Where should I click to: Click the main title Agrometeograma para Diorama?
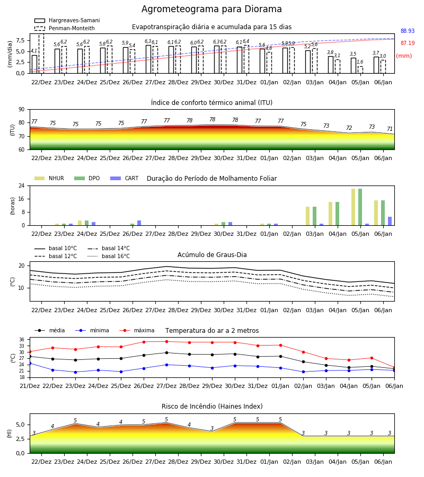pyautogui.click(x=211, y=9)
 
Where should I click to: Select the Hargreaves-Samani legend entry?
pyautogui.click(x=67, y=20)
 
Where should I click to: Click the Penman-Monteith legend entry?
pyautogui.click(x=65, y=28)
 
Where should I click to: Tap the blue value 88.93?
pyautogui.click(x=408, y=31)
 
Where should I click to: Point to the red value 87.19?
pyautogui.click(x=408, y=43)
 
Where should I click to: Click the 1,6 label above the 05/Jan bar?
pyautogui.click(x=360, y=62)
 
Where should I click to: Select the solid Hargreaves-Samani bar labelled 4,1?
pyautogui.click(x=34, y=64)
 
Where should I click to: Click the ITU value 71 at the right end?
pyautogui.click(x=390, y=129)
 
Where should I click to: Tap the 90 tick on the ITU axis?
pyautogui.click(x=22, y=110)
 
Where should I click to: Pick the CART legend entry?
pyautogui.click(x=125, y=178)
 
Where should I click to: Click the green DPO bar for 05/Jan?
pyautogui.click(x=360, y=207)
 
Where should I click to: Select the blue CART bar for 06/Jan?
pyautogui.click(x=390, y=221)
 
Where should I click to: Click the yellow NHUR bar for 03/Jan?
pyautogui.click(x=308, y=216)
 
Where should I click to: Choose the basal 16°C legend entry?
pyautogui.click(x=109, y=256)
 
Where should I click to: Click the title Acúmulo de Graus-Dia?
pyautogui.click(x=212, y=254)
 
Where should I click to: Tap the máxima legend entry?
pyautogui.click(x=137, y=330)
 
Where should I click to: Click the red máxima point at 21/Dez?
pyautogui.click(x=30, y=352)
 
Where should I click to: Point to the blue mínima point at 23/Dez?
pyautogui.click(x=75, y=372)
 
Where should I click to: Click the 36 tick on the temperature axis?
pyautogui.click(x=22, y=340)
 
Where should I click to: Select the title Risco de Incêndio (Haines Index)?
pyautogui.click(x=212, y=406)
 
